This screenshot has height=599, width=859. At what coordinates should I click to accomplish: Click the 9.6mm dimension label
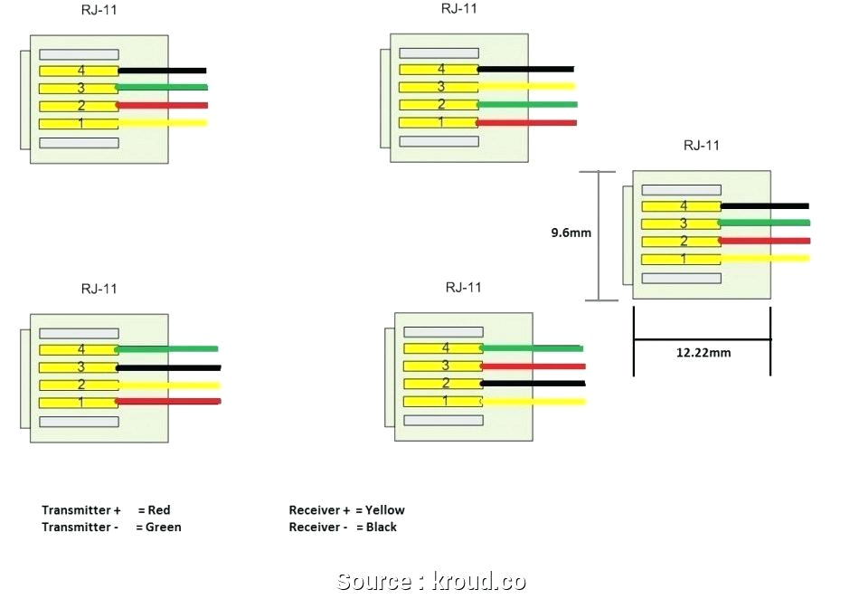coord(571,233)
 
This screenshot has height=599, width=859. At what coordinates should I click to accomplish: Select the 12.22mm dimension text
coord(703,352)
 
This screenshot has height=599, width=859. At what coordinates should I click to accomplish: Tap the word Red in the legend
coord(158,510)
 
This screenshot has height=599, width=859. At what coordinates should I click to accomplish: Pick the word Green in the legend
coord(164,527)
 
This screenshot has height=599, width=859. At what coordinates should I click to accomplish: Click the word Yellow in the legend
coord(385,510)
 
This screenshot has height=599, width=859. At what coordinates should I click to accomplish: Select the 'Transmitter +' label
coord(81,510)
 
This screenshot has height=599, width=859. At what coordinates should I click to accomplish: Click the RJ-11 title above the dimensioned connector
coord(701,145)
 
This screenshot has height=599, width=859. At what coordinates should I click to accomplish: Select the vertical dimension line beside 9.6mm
coord(598,235)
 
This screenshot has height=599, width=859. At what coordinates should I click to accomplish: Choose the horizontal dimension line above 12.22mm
coord(702,339)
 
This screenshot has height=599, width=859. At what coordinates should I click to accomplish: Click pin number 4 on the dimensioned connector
coord(684,206)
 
